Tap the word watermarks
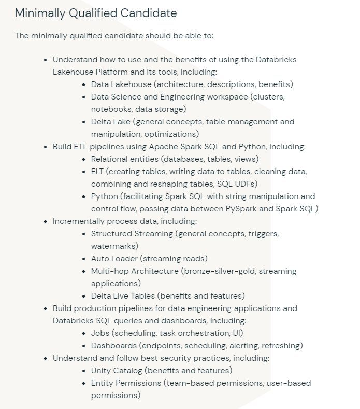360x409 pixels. [114, 246]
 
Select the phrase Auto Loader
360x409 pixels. [114, 258]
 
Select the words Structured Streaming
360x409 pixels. [132, 233]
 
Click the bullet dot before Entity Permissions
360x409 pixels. [85, 383]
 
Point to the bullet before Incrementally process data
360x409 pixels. [47, 221]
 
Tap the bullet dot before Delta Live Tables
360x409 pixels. [85, 296]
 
